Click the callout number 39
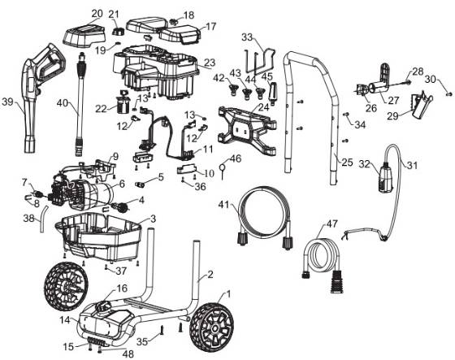[8, 102]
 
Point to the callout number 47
[332, 223]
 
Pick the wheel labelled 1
[211, 327]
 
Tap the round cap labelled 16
[104, 307]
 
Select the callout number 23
[210, 63]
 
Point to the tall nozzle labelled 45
[274, 93]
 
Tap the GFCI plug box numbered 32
[386, 177]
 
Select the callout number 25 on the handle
[347, 163]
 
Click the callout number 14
[66, 320]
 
